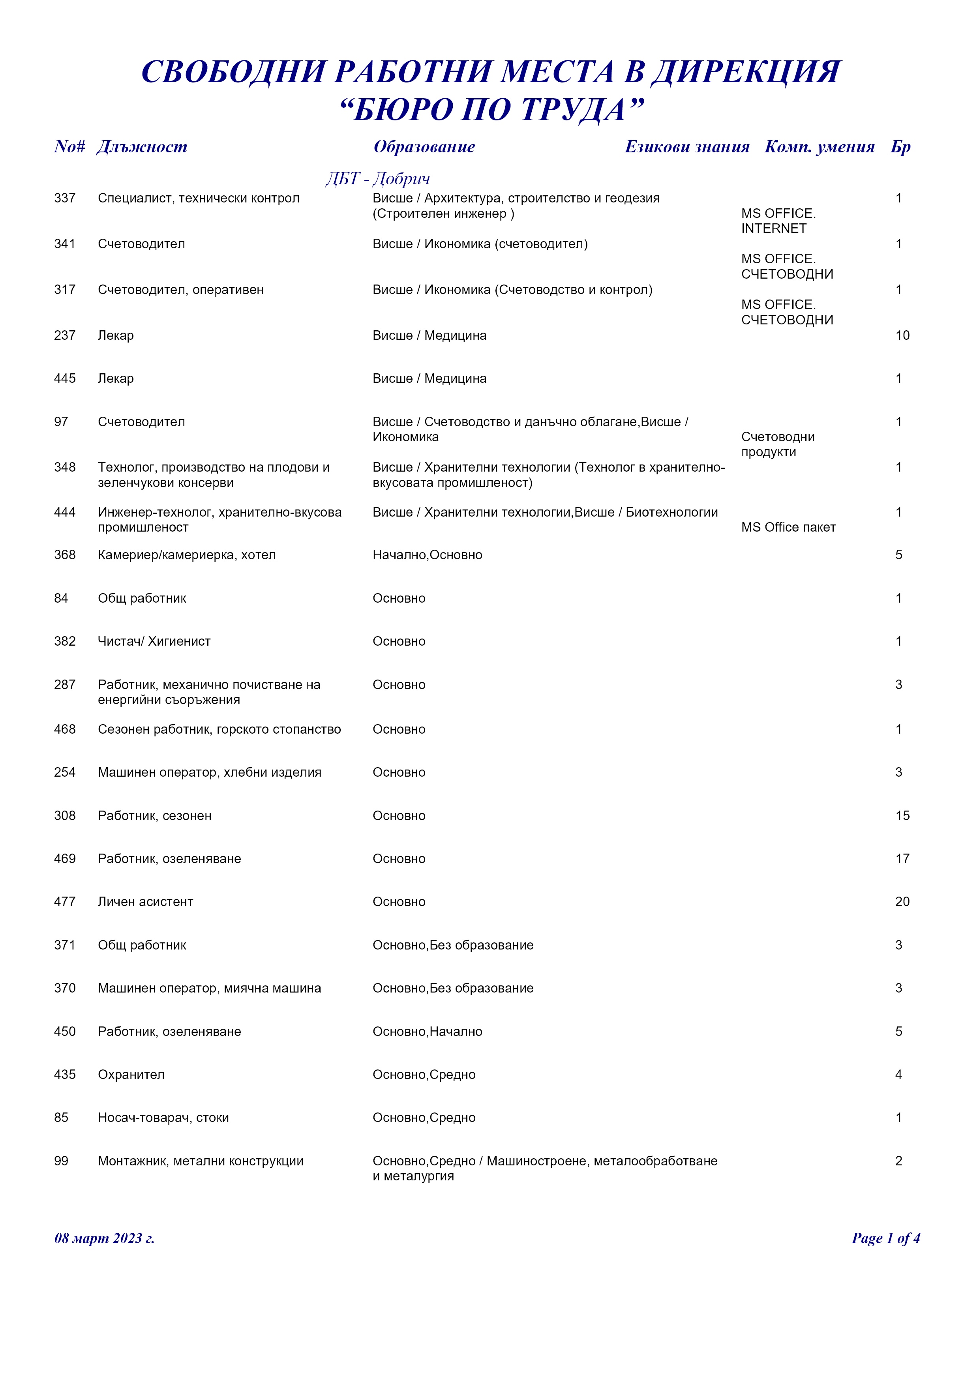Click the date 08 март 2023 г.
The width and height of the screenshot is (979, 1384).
104,1238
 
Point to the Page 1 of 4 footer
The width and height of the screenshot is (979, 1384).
885,1238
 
